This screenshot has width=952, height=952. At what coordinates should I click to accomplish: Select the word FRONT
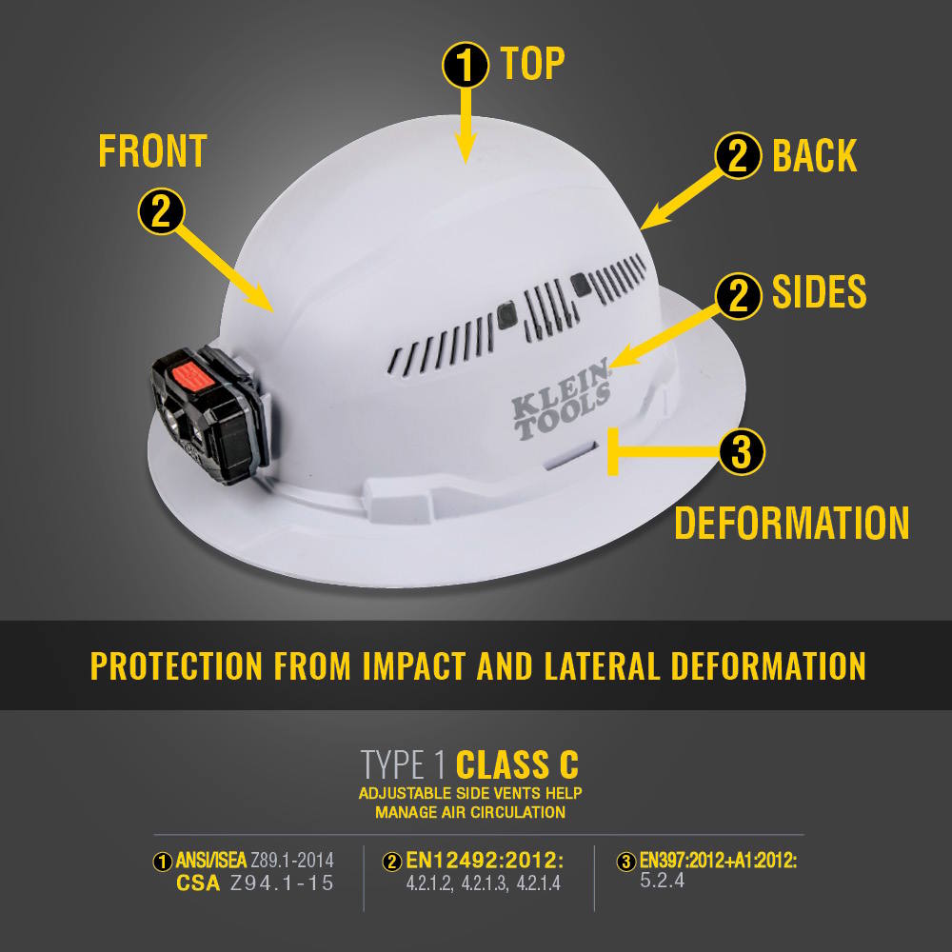click(x=152, y=151)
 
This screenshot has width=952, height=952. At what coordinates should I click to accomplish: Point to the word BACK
click(x=814, y=156)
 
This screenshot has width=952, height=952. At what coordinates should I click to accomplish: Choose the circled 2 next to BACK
click(x=738, y=157)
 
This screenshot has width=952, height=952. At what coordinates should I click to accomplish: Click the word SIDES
click(x=819, y=293)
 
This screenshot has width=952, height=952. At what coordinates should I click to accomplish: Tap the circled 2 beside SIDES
click(x=738, y=295)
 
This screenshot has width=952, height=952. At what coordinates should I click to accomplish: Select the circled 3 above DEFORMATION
click(x=741, y=452)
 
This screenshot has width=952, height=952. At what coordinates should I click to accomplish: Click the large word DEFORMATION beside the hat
click(x=791, y=524)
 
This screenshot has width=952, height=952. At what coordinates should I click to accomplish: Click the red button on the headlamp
click(x=191, y=378)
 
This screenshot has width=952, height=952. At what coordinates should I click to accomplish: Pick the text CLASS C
click(x=517, y=764)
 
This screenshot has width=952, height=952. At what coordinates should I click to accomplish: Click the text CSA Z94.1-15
click(x=255, y=883)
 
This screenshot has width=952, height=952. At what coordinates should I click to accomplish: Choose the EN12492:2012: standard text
click(x=485, y=862)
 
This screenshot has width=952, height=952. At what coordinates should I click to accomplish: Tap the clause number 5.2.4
click(x=663, y=882)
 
